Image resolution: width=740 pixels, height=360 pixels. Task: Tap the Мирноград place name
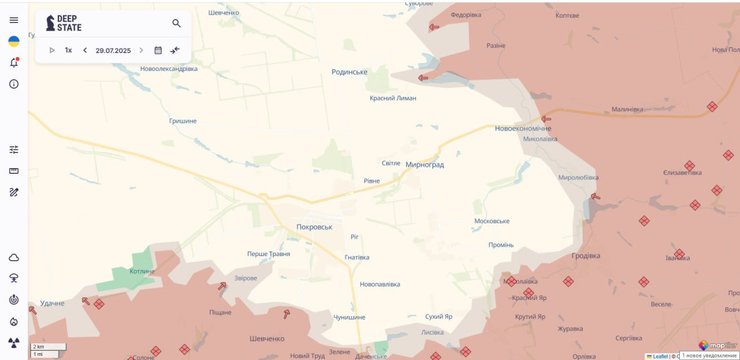click(424, 164)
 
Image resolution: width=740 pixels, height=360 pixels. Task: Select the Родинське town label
click(349, 72)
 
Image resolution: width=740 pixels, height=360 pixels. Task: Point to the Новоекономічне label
click(522, 128)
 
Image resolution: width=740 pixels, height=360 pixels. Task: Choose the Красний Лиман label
click(393, 98)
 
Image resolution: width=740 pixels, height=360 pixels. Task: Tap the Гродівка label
click(586, 255)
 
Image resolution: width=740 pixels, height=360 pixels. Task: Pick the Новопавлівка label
click(380, 284)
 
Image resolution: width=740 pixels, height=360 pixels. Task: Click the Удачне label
click(53, 302)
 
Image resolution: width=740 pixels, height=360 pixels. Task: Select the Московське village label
click(492, 221)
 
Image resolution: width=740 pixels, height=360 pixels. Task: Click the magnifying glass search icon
click(177, 23)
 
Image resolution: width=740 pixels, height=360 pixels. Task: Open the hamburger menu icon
click(13, 20)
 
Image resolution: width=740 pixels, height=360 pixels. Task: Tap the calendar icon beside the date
click(158, 50)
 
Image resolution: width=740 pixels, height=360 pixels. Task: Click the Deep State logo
click(64, 23)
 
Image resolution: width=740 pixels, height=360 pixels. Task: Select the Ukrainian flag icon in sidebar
click(13, 41)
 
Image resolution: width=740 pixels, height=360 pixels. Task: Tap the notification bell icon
click(13, 62)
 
